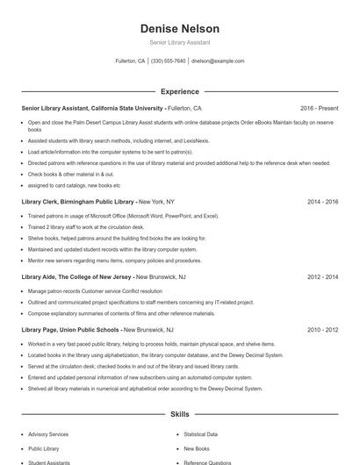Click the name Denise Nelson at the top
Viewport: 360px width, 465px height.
(179, 29)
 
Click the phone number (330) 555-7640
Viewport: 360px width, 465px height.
(169, 61)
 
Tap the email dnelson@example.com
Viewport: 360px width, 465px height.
(218, 61)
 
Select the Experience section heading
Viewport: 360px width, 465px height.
(179, 91)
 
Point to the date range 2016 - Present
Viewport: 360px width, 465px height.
(319, 108)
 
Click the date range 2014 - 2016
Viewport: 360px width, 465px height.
(322, 201)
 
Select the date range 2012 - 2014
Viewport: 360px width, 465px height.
(322, 276)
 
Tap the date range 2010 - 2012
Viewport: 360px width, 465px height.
(322, 330)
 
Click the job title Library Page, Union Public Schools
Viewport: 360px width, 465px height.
(70, 330)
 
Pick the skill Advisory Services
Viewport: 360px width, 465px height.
(48, 434)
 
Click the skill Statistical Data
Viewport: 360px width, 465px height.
(200, 434)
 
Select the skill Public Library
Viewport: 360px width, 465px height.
(44, 448)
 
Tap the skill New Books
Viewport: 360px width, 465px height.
(196, 448)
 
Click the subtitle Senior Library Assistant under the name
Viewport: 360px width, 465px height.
(179, 42)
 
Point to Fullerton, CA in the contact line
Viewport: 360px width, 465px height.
(130, 61)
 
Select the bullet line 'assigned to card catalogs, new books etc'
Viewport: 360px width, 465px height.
(74, 185)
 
